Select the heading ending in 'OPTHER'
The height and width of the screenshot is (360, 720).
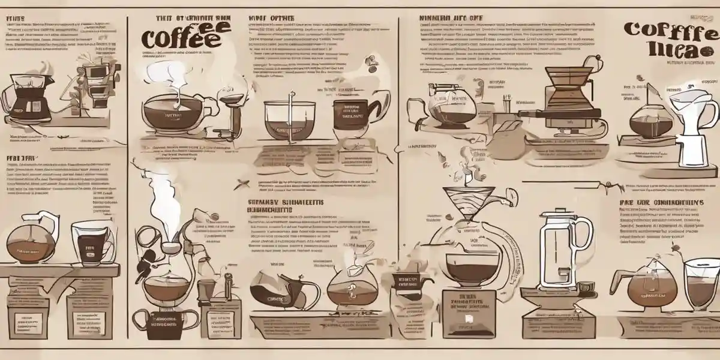tap(272, 18)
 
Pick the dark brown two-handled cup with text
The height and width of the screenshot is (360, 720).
tap(166, 318)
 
